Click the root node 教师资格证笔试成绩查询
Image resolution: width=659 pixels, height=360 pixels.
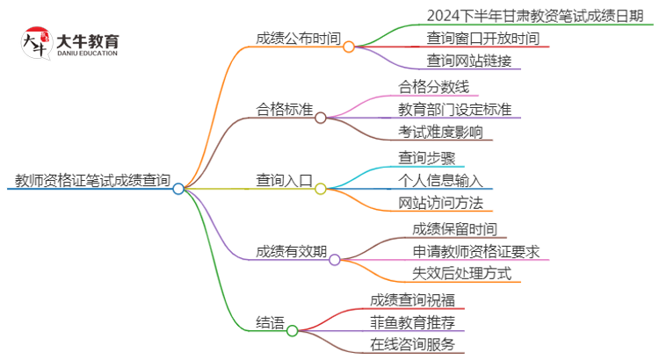click(92, 181)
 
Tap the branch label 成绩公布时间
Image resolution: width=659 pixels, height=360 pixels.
click(297, 39)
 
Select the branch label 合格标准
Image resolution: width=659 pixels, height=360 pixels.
click(284, 110)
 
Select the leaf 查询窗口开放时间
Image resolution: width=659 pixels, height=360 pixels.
click(482, 39)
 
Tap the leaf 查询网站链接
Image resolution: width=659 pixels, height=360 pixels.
click(468, 62)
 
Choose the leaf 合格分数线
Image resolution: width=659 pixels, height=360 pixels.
click(433, 86)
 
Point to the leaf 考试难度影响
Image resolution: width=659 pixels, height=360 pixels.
click(440, 133)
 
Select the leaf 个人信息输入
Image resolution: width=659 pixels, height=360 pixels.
click(440, 181)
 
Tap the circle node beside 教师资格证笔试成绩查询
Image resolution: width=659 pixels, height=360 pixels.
click(178, 188)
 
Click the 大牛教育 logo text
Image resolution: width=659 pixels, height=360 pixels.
click(87, 41)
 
